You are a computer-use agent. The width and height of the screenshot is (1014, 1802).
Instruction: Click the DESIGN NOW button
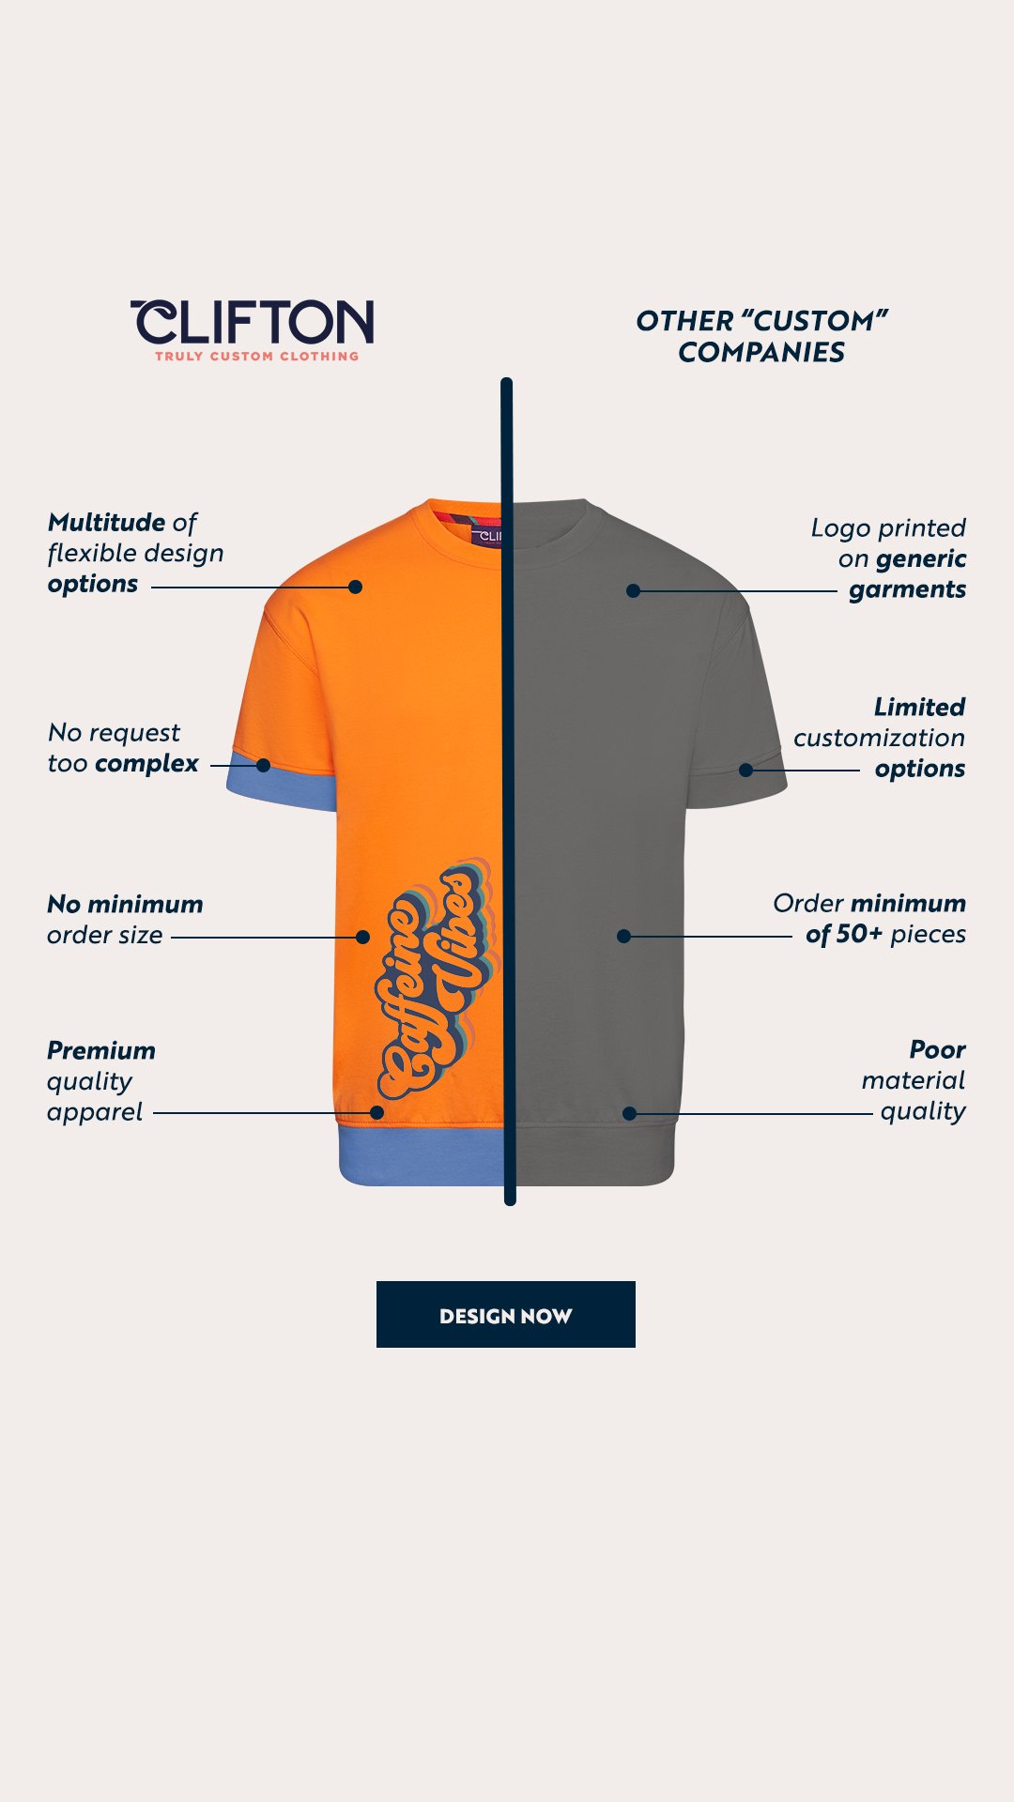(505, 1314)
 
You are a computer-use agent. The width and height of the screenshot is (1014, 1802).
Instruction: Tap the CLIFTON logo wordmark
(253, 323)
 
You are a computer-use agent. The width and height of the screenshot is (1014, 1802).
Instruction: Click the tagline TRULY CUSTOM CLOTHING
(256, 357)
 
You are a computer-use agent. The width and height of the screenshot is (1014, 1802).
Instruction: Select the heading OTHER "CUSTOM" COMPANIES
(761, 336)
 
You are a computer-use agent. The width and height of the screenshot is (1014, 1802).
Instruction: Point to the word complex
(147, 764)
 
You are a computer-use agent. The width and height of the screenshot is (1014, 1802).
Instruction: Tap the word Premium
(101, 1050)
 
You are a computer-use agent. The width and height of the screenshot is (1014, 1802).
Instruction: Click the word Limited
(919, 707)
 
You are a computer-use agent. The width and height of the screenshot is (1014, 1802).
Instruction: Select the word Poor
(937, 1049)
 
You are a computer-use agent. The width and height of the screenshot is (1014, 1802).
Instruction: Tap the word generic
(920, 558)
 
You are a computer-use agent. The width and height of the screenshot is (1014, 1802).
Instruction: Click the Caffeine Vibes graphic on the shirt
(437, 981)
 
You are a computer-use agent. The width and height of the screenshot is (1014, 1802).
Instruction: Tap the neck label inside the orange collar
(485, 536)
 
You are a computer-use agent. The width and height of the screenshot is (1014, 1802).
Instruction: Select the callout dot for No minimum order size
(362, 937)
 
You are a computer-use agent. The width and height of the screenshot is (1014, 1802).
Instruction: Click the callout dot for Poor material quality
(629, 1113)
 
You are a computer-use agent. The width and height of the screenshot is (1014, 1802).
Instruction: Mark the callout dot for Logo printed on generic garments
(634, 590)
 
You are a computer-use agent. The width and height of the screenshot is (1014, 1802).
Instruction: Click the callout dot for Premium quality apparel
(376, 1112)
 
